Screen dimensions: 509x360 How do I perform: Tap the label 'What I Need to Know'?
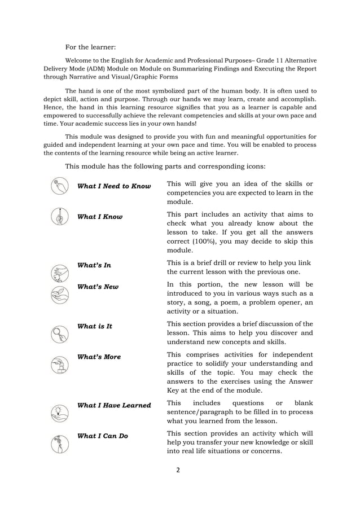[114, 186]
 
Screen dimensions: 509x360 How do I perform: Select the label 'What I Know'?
[100, 217]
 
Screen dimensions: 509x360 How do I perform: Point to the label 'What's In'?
[94, 265]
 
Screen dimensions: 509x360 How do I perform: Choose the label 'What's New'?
[98, 287]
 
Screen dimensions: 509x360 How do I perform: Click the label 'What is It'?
[95, 326]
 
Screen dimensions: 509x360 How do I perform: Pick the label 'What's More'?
[99, 357]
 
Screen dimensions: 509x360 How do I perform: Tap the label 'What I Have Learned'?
[114, 405]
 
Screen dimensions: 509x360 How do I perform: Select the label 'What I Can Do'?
[103, 436]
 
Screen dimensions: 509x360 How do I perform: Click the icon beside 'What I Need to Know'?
[59, 186]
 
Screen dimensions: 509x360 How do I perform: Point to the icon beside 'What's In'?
[59, 273]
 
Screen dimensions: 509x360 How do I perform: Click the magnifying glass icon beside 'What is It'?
[59, 334]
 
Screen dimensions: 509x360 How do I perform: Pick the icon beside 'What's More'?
[59, 366]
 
